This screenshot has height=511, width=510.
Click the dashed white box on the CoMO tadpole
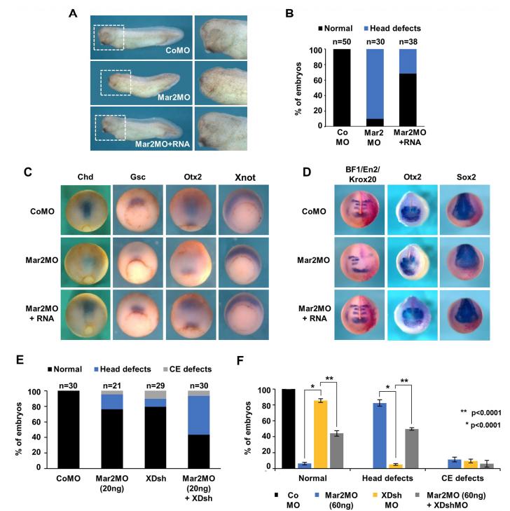pyautogui.click(x=109, y=36)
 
